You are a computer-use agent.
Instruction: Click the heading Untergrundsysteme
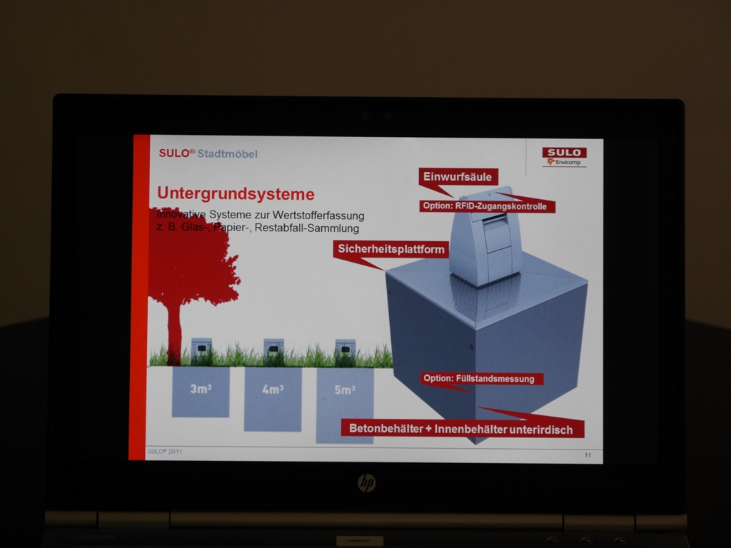point(236,193)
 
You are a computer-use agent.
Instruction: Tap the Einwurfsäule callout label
point(458,177)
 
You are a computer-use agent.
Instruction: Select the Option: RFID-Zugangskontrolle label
point(485,206)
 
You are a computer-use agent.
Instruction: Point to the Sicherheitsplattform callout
point(391,249)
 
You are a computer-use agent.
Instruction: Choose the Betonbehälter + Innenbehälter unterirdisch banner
point(461,429)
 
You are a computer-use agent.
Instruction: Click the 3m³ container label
point(201,389)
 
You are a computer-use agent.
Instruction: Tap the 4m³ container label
point(273,389)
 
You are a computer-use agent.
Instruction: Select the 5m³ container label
point(345,390)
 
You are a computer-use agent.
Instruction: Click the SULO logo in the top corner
point(564,153)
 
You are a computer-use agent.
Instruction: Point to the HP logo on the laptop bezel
point(366,483)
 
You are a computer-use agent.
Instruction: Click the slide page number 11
point(588,455)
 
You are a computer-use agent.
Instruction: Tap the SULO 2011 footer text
point(165,452)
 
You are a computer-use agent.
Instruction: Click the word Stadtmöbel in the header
point(227,154)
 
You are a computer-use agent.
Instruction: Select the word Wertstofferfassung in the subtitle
point(318,215)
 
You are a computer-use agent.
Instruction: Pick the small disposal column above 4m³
point(273,350)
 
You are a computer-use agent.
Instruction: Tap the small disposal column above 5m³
point(346,350)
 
